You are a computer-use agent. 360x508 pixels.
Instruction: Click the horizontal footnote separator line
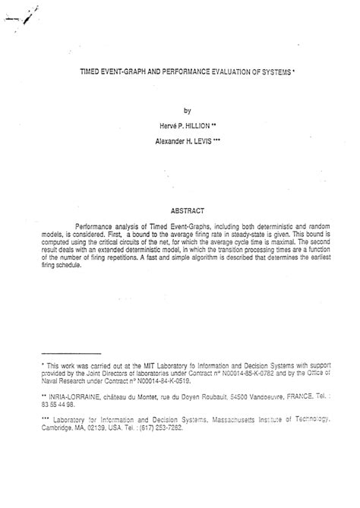(x=70, y=353)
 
